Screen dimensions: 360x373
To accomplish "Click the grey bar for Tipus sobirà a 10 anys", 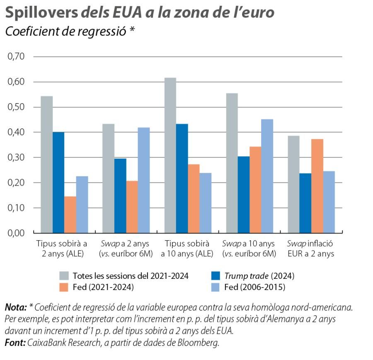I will tap(170, 155).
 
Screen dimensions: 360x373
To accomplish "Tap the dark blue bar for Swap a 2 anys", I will tap(120, 196).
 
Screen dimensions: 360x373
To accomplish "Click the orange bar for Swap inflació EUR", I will tap(317, 186).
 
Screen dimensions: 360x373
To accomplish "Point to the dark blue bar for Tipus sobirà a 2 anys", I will tap(58, 182).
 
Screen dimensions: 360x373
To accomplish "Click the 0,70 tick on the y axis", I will tap(16, 56).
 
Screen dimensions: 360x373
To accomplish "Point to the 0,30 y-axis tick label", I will tap(16, 157).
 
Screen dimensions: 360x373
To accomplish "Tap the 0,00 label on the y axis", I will tap(16, 233).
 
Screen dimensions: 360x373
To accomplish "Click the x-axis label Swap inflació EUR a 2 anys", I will tap(310, 249).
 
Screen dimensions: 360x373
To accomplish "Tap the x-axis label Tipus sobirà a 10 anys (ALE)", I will tap(187, 249).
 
